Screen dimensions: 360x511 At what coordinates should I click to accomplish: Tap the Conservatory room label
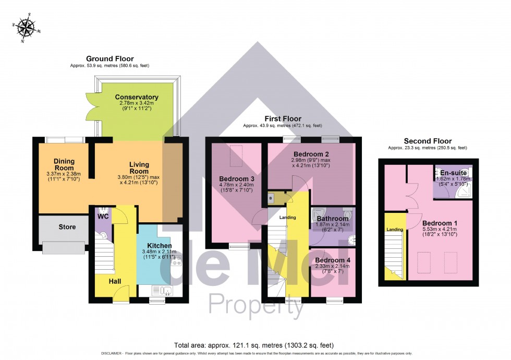point(137,97)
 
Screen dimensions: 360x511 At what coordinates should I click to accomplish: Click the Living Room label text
point(139,168)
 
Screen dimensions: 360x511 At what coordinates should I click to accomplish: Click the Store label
point(67,227)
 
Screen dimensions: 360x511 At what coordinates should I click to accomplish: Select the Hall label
point(115,281)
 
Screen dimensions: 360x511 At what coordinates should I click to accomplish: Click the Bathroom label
point(332,219)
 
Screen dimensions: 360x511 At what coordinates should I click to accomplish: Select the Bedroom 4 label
point(332,260)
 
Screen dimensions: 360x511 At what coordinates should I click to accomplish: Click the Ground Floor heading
point(110,59)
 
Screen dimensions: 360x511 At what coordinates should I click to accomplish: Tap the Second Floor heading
point(427,141)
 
